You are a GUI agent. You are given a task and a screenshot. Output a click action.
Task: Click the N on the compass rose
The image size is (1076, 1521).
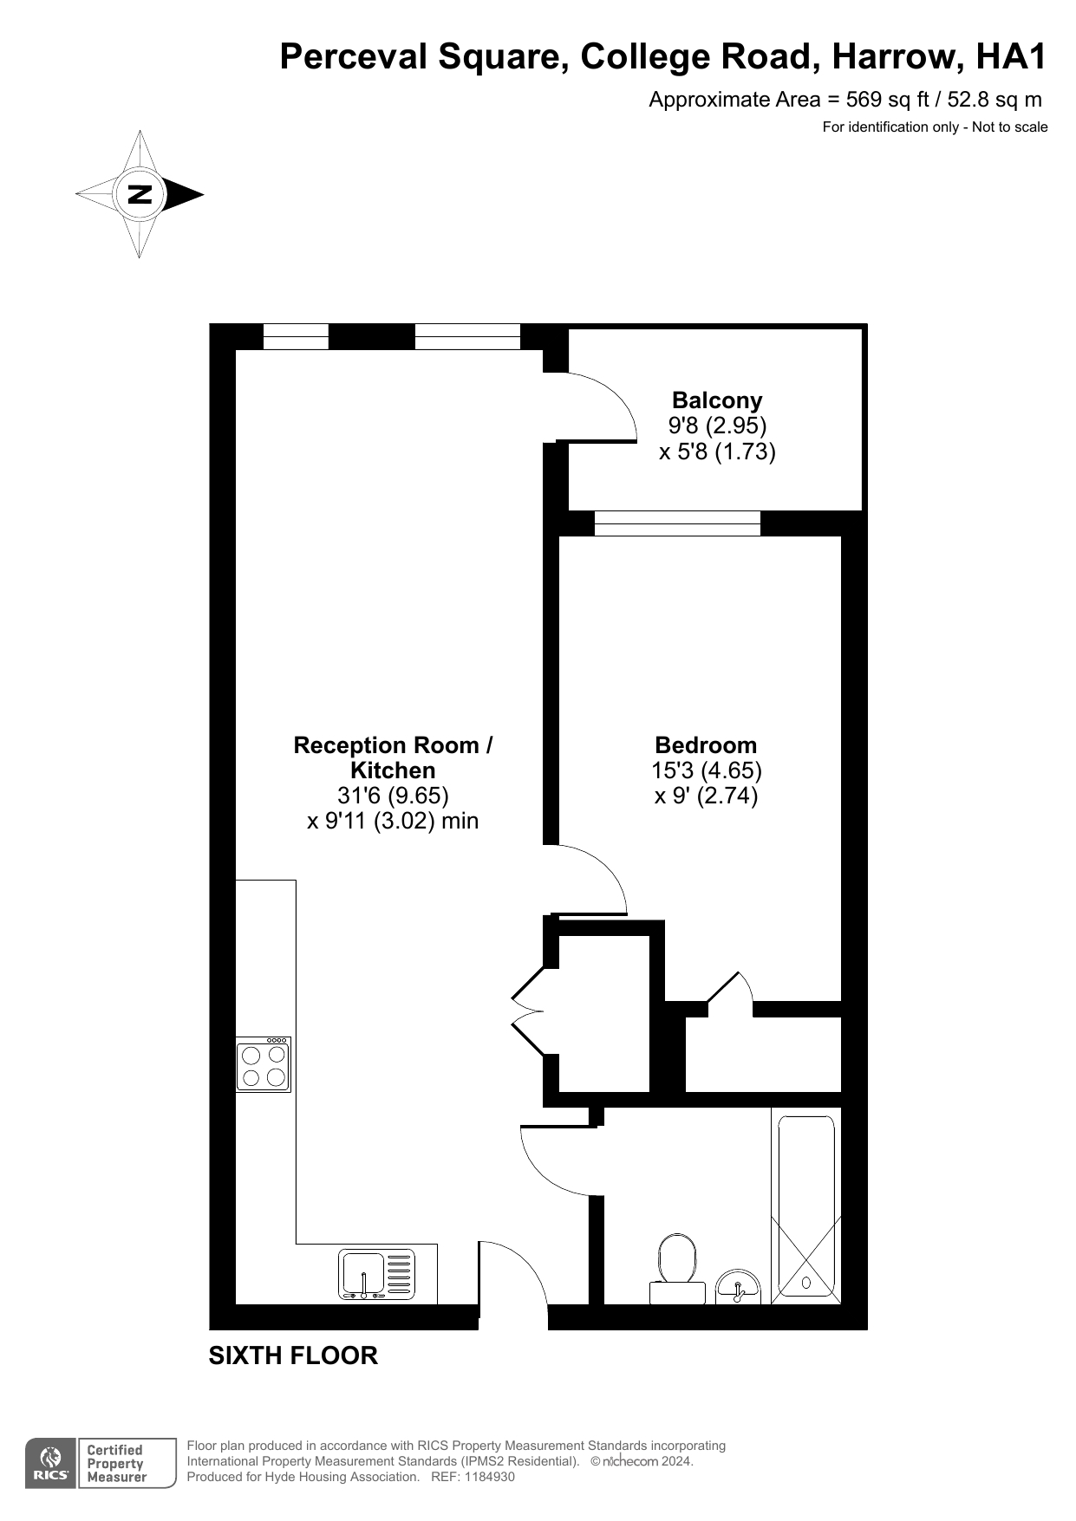click(140, 194)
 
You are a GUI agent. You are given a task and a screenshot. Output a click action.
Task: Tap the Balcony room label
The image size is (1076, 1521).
click(717, 400)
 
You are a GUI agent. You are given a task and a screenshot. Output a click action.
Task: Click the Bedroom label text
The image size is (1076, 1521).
click(706, 745)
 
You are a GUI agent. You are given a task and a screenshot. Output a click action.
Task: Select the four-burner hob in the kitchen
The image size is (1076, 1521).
click(264, 1064)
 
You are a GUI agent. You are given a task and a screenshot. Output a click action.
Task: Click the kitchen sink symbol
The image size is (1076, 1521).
click(376, 1275)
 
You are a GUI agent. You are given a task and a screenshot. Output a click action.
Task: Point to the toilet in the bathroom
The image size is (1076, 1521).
click(677, 1270)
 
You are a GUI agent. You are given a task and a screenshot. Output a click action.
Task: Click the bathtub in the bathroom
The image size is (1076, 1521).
click(806, 1209)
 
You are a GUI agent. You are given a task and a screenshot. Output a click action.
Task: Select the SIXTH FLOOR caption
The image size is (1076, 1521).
click(293, 1355)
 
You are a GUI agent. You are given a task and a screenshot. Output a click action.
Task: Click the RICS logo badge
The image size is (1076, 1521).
click(50, 1464)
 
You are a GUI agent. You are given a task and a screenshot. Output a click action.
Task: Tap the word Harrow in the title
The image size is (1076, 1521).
click(897, 57)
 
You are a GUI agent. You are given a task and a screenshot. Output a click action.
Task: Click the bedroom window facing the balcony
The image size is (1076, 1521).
click(677, 523)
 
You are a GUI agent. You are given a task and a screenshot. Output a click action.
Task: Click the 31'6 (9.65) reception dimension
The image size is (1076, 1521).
click(393, 795)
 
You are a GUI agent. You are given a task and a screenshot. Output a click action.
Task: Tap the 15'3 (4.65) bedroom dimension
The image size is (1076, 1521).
click(707, 770)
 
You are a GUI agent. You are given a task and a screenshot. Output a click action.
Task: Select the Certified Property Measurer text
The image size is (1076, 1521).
click(116, 1464)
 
